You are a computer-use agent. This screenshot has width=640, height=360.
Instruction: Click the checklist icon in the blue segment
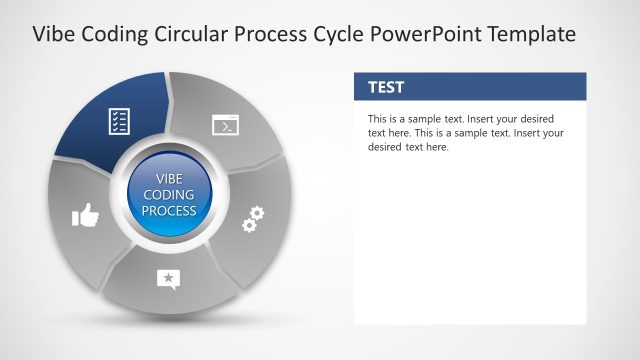(118, 122)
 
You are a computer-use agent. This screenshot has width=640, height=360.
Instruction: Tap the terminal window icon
(225, 125)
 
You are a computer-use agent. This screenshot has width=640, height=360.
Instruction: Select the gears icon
(253, 219)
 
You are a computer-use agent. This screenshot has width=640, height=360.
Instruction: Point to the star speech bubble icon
(168, 280)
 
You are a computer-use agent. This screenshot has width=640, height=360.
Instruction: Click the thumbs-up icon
(85, 214)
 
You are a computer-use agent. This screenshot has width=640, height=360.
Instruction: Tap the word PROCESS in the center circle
(169, 211)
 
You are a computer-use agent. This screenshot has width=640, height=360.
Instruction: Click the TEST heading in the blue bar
(386, 87)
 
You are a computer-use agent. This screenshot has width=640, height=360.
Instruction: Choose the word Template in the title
(526, 34)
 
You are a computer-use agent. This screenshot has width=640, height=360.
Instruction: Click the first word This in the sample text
(379, 119)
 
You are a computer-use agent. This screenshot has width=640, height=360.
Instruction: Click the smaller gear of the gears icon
(248, 226)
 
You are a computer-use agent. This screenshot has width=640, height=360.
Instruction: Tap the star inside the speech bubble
(168, 278)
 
